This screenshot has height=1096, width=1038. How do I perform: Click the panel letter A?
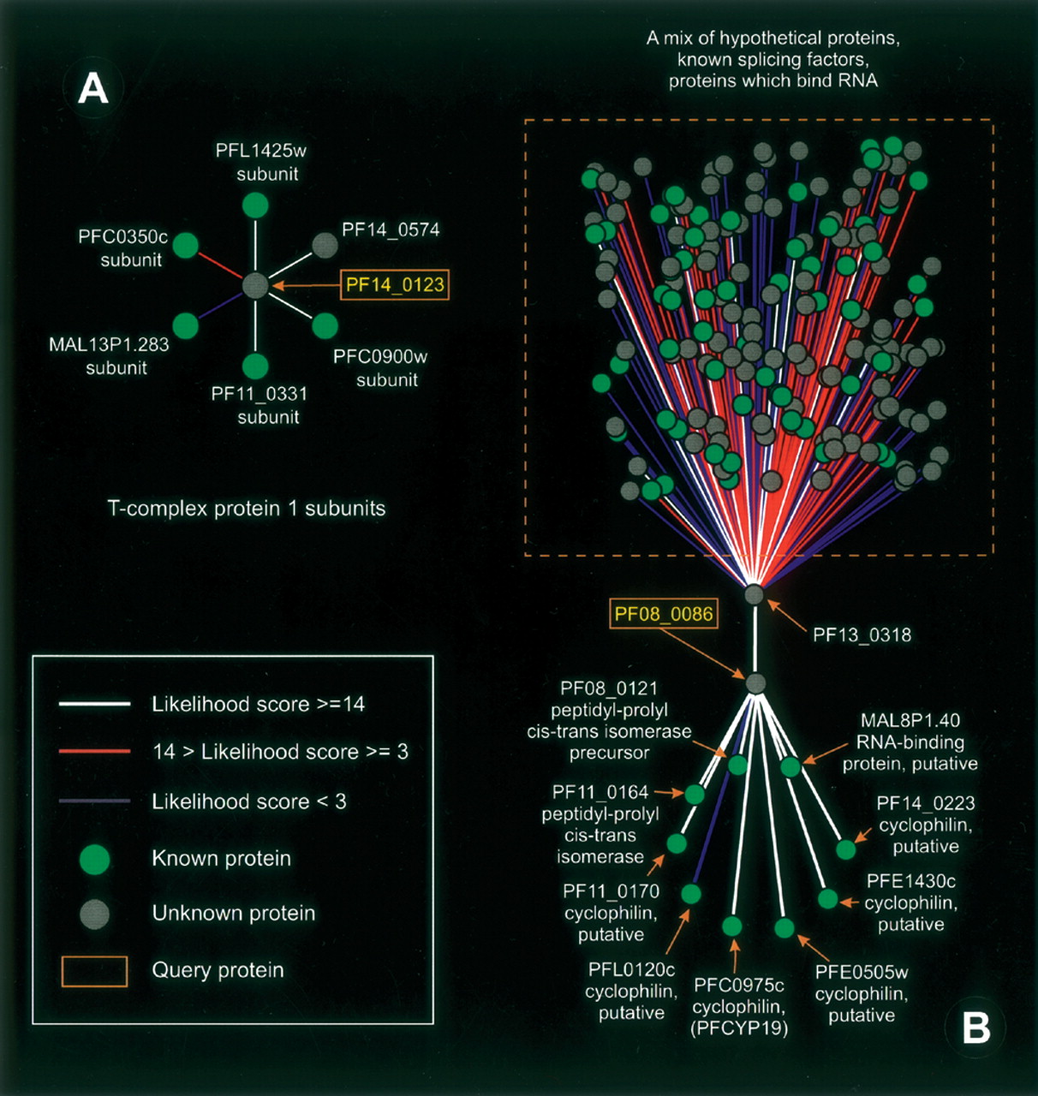93,88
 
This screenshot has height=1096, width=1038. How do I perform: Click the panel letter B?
976,1027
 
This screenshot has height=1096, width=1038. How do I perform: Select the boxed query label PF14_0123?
395,284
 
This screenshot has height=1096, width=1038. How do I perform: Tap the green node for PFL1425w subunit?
255,205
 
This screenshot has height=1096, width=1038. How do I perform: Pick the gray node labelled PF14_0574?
324,246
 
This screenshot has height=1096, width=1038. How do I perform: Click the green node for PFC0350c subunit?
186,246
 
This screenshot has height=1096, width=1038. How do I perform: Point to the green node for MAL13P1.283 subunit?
185,325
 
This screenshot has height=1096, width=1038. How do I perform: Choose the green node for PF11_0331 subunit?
255,366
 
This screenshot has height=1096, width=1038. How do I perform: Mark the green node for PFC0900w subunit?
325,325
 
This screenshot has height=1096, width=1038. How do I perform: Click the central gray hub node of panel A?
255,285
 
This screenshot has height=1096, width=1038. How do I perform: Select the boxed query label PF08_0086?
664,614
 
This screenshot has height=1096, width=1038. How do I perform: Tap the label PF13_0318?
862,634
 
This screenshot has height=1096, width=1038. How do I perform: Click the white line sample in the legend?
94,704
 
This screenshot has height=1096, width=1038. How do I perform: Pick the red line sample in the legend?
94,752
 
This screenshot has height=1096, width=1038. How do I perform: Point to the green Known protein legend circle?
94,859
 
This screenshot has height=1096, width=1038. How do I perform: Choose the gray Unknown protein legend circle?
94,914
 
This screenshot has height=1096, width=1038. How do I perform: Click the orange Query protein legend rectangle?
94,971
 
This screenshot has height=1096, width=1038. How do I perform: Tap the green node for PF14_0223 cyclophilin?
845,849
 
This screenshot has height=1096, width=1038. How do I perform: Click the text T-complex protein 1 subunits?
247,509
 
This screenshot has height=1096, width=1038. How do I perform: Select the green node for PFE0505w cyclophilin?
784,928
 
